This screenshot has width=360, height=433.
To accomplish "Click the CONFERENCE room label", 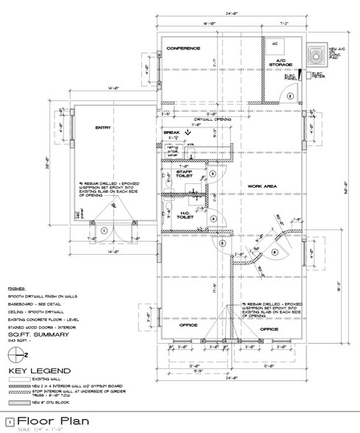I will tap(184, 49).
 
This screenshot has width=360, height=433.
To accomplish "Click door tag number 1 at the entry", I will tap(105, 229).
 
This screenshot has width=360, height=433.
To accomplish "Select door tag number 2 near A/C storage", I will tap(291, 96).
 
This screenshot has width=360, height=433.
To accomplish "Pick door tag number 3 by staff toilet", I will tap(212, 174).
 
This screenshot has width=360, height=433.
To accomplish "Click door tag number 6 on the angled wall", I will tap(274, 253).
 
